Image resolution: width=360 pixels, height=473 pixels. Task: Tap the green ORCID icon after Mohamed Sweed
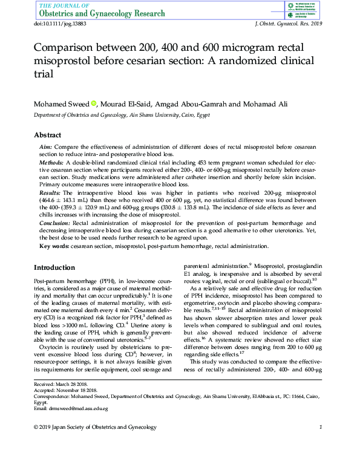coord(94,104)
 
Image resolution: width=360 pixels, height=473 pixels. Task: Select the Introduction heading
coord(54,267)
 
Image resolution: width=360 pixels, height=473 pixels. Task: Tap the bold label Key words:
coord(53,246)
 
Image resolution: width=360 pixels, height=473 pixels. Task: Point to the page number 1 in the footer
coord(320,428)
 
